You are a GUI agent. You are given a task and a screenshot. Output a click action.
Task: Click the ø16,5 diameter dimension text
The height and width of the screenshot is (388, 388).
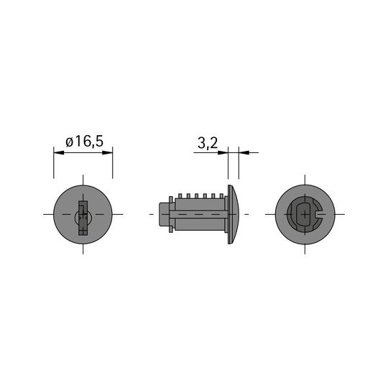[x=84, y=142]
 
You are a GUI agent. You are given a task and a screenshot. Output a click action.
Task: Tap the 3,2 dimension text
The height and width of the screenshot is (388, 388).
[x=208, y=143]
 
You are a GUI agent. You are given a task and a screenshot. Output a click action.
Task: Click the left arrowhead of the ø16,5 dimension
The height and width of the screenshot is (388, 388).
[x=59, y=152]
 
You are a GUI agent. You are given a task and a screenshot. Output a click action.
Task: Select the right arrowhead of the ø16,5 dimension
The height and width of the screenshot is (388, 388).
[x=107, y=152]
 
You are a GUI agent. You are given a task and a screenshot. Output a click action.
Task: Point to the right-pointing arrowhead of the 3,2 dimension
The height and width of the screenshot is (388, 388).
[x=223, y=152]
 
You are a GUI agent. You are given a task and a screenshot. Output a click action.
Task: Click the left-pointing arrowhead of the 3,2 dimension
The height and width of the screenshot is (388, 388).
[x=244, y=152]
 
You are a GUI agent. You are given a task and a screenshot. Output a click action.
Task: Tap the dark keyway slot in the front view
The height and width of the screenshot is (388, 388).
[x=83, y=218]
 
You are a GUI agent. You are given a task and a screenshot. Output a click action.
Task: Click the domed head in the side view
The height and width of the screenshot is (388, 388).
[x=233, y=214]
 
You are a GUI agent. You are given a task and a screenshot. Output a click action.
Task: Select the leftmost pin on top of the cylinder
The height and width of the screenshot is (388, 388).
[x=180, y=196]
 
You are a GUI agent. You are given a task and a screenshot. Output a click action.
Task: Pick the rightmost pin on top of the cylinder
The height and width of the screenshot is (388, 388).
[x=221, y=196]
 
